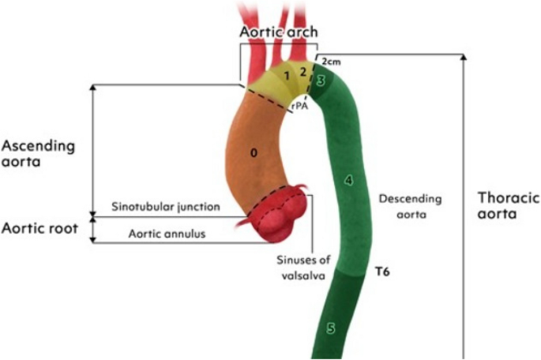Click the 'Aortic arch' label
[x=279, y=32]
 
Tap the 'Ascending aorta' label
[x=38, y=153]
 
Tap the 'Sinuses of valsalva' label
[x=302, y=267]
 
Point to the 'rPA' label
[x=299, y=105]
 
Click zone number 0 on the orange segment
[x=254, y=153]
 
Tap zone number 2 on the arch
[x=302, y=71]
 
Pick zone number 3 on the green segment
[x=321, y=81]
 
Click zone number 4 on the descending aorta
[x=348, y=180]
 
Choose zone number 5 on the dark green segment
[x=331, y=327]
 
